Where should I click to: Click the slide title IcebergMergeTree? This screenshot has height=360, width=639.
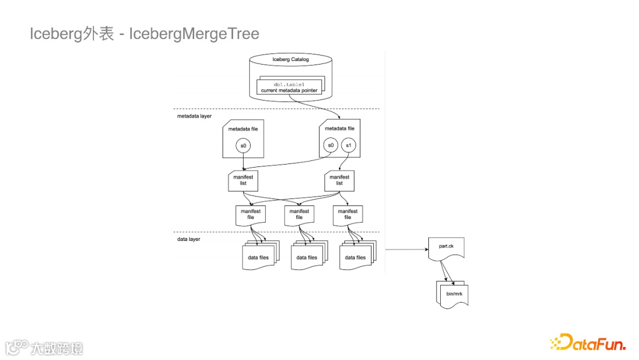point(144,34)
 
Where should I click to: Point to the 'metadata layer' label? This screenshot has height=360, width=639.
point(195,116)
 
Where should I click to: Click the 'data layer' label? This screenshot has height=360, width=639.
point(189,239)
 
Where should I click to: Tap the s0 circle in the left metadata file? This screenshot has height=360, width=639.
point(243,146)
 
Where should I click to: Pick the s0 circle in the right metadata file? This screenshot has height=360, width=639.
point(331,146)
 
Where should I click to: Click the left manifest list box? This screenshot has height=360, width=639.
point(243,180)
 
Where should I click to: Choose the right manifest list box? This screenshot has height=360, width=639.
point(339,180)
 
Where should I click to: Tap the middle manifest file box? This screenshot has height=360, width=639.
point(299,214)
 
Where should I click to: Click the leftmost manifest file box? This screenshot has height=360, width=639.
point(251,214)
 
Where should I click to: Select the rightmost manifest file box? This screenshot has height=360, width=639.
point(347,214)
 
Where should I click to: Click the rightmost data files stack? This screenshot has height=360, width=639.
point(355,258)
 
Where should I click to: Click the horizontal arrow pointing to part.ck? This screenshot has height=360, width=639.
point(406,250)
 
